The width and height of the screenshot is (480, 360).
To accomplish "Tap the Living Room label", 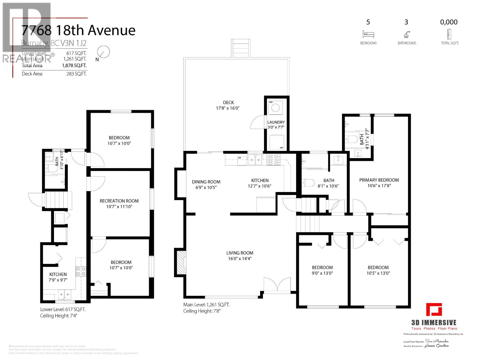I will [240, 253].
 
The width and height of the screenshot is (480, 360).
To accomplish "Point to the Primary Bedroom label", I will [379, 180].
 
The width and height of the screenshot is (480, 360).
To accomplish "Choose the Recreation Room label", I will [119, 201].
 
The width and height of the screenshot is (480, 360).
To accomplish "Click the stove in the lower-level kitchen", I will [81, 271].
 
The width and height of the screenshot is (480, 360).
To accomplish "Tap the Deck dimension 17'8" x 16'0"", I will [228, 108].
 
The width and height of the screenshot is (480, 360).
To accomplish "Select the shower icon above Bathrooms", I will [406, 34].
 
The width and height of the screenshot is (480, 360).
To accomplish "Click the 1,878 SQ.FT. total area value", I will [74, 65].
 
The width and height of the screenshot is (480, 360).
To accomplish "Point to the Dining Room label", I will [206, 182].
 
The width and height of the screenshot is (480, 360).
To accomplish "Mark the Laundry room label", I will [276, 122].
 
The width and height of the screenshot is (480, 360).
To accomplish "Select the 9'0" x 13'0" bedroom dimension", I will [322, 273].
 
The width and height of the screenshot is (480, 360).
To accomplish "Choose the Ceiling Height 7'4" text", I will [59, 316].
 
